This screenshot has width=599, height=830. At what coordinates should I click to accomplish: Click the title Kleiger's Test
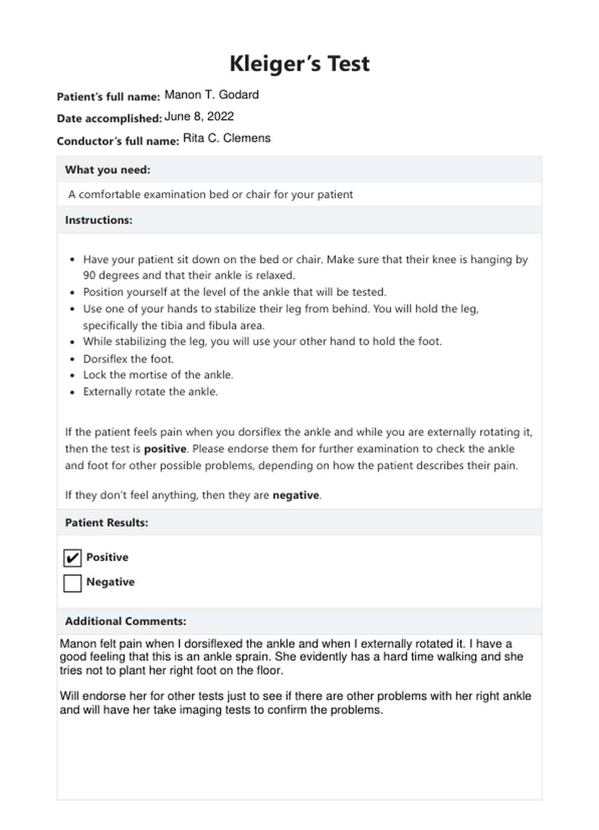[x=299, y=64]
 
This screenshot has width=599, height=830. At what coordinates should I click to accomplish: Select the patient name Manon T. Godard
[x=211, y=95]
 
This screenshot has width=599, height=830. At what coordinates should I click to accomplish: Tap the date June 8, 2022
[x=199, y=117]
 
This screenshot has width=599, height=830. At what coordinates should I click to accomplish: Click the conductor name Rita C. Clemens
[x=227, y=138]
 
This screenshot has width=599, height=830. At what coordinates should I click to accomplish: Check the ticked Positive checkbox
[x=72, y=558]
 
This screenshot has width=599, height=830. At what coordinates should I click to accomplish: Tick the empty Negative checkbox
[x=72, y=583]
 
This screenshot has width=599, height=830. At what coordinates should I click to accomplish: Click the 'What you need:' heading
[x=107, y=170]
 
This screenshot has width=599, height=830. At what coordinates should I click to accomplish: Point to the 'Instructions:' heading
[x=98, y=220]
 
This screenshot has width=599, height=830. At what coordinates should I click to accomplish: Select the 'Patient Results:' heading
[x=106, y=522]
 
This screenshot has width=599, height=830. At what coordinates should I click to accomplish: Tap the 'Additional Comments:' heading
[x=125, y=621]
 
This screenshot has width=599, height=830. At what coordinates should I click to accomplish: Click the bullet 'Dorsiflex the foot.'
[x=128, y=359]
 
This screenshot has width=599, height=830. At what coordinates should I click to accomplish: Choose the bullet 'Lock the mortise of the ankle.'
[x=158, y=375]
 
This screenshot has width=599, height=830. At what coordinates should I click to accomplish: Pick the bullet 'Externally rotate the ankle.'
[x=150, y=392]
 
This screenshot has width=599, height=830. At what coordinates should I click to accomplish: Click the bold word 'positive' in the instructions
[x=165, y=449]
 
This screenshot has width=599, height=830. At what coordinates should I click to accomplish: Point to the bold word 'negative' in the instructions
[x=296, y=495]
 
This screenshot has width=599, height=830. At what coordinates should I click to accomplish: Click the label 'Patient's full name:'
[x=108, y=97]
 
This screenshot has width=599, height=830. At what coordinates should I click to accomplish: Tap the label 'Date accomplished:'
[x=110, y=119]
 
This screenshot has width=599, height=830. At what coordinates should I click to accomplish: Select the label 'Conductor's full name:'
[x=118, y=141]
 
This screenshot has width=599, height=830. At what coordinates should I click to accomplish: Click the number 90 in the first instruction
[x=89, y=275]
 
